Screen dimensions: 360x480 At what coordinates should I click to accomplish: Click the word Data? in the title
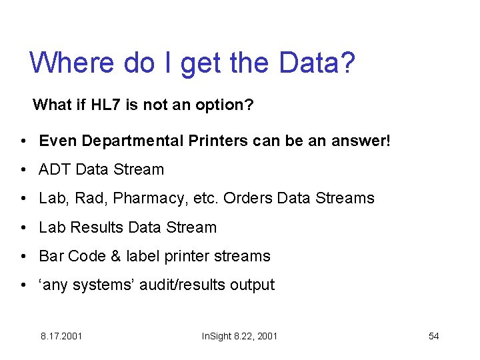[x=317, y=63]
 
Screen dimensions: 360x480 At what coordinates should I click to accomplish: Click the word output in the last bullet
[x=252, y=285]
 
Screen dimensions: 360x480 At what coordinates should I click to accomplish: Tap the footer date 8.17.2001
[x=61, y=336]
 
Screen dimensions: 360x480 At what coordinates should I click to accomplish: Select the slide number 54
[x=433, y=336]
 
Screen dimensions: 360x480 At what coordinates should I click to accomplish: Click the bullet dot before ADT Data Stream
[x=23, y=170]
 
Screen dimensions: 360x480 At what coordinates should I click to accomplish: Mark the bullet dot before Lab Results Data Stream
[x=23, y=228]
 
